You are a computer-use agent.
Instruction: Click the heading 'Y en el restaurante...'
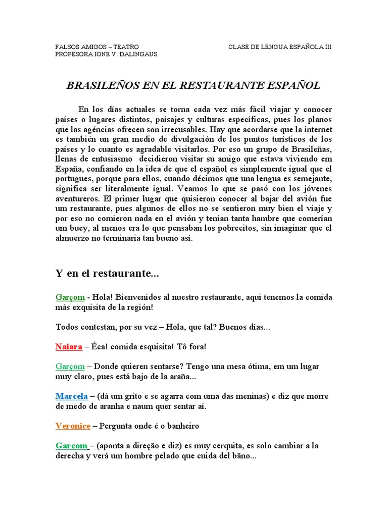coord(107,273)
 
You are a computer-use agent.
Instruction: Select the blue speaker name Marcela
coord(72,396)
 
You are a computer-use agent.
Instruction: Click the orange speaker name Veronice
coord(73,426)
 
